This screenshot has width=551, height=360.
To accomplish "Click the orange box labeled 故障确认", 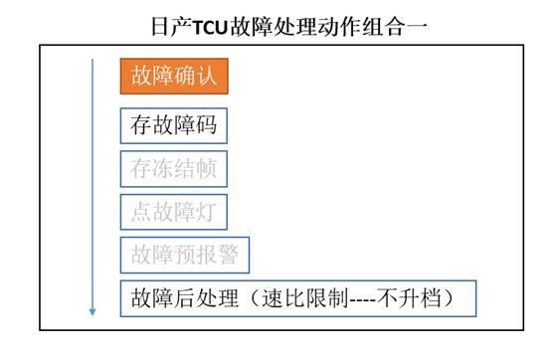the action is [x=175, y=76].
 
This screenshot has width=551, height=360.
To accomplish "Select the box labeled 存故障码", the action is [x=174, y=126].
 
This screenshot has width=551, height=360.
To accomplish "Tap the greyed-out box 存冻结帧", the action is [x=174, y=169].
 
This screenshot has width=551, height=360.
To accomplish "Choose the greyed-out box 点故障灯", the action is [x=174, y=212].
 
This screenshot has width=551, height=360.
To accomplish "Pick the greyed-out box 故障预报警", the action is [x=185, y=255].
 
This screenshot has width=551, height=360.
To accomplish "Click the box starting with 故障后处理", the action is [x=298, y=297].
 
